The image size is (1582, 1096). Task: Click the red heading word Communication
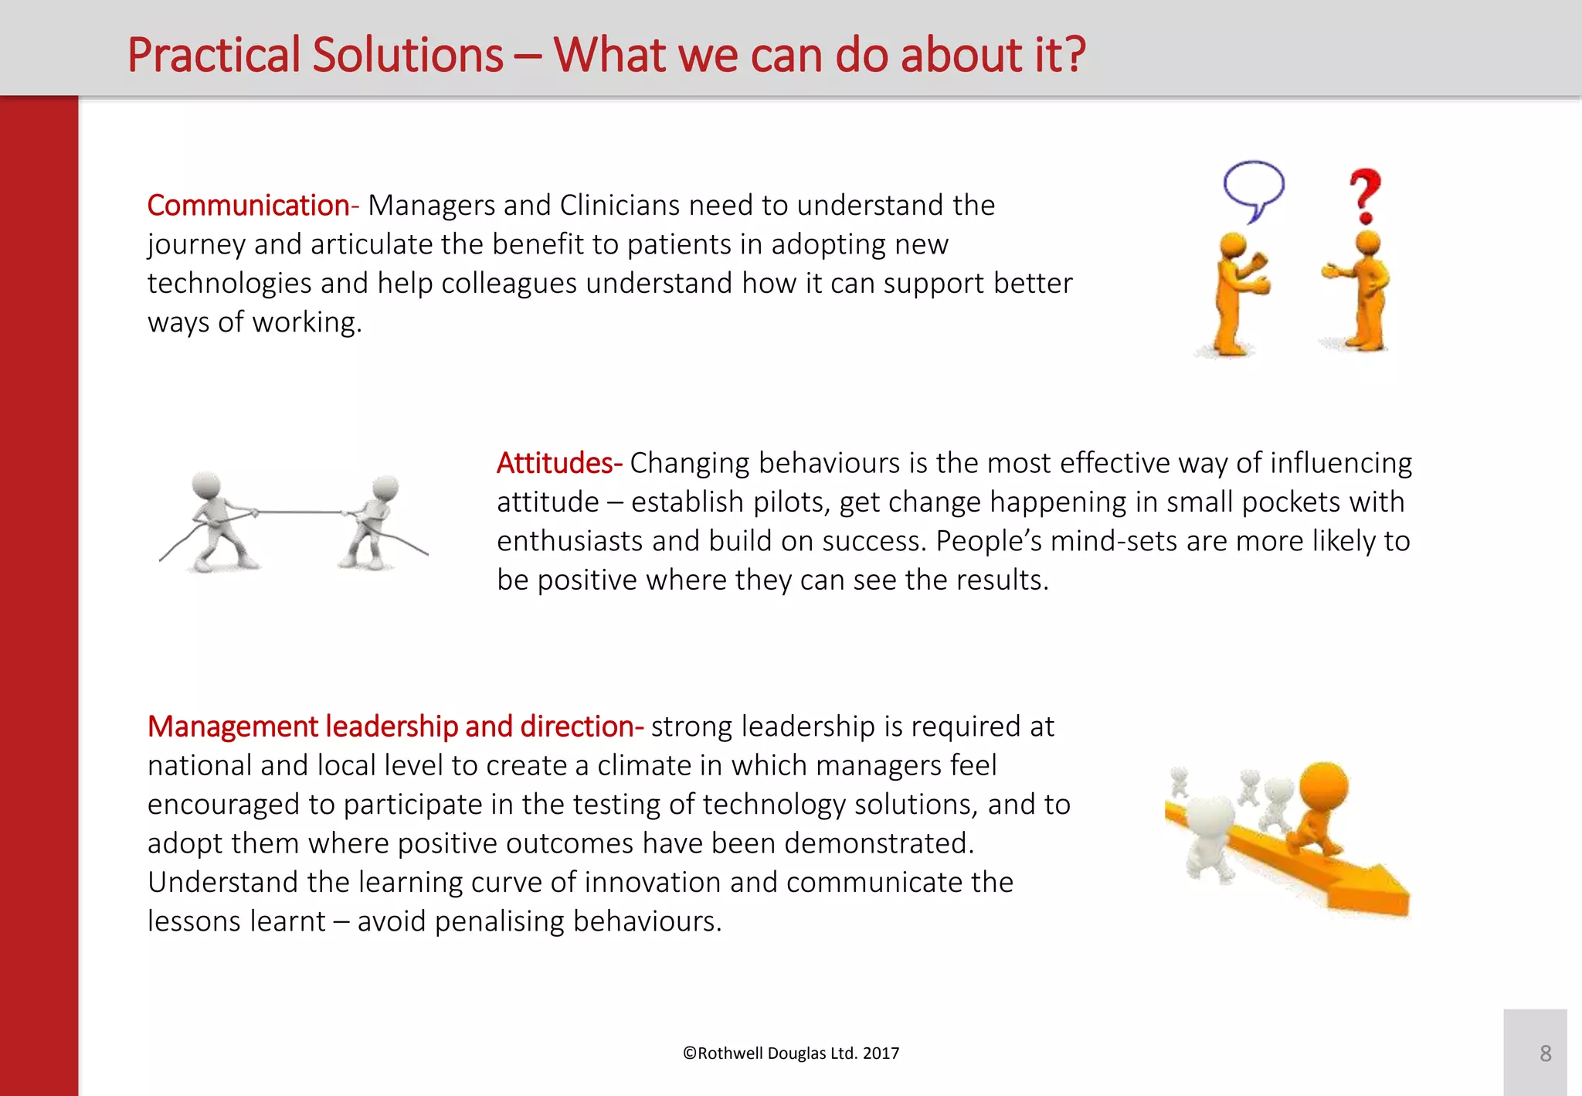248,206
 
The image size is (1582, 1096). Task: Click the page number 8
1544,1053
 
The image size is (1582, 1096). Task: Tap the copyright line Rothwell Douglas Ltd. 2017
791,1053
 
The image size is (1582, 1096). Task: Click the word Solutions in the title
407,56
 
